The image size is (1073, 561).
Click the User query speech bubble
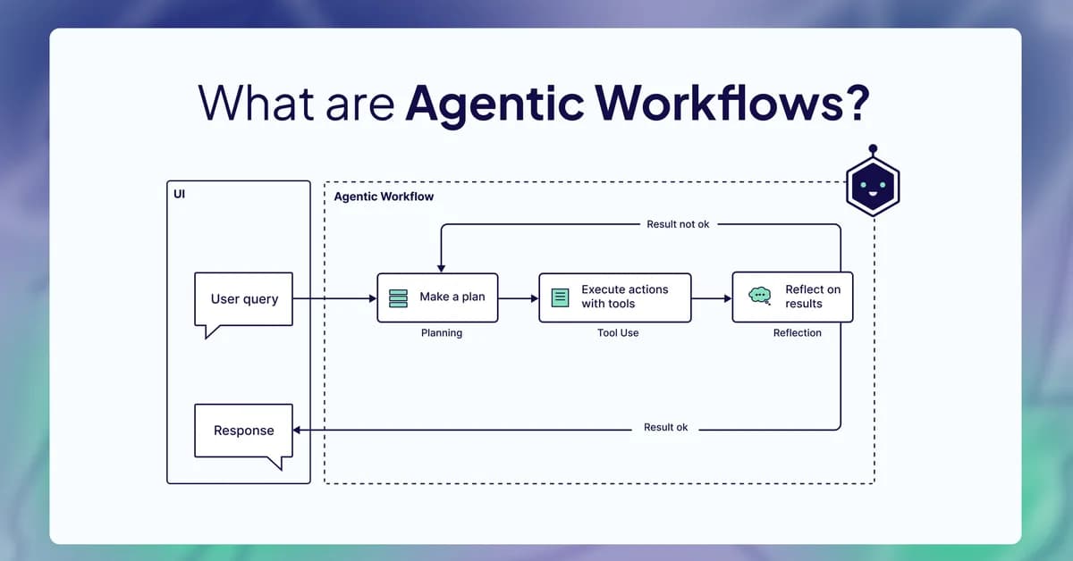244,299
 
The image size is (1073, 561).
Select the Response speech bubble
243,431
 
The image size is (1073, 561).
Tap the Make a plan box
437,297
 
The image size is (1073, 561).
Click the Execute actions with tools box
614,297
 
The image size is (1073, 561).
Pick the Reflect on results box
792,297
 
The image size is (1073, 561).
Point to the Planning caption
442,333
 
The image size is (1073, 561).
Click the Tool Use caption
618,333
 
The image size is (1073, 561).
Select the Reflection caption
797,333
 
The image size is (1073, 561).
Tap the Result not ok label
678,224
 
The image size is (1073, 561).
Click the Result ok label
666,428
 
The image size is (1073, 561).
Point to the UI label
180,194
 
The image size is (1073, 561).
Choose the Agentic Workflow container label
384,197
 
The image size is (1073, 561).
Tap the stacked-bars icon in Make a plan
399,297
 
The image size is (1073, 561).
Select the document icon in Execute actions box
560,297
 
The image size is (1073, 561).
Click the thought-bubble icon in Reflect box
759,296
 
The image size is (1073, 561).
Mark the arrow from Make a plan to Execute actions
518,297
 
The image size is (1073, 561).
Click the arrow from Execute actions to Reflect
712,297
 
